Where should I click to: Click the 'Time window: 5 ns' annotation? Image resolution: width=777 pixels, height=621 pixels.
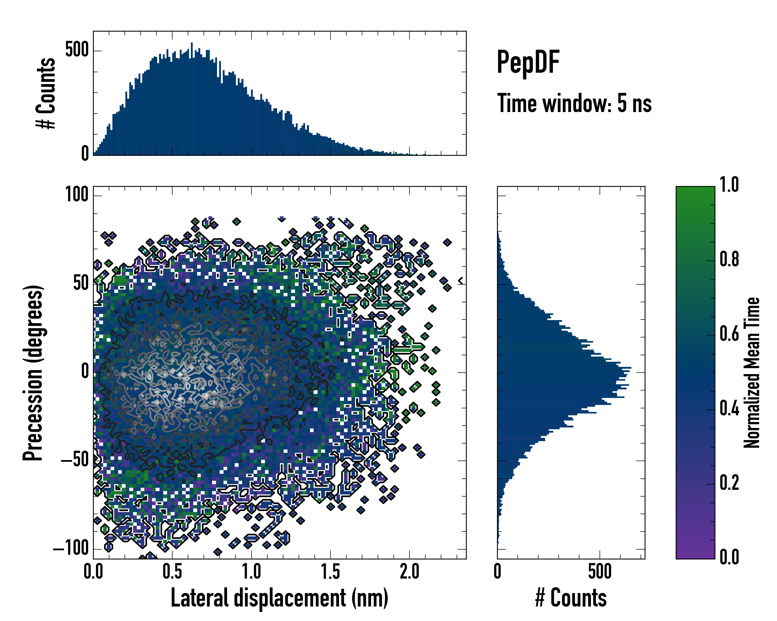574,103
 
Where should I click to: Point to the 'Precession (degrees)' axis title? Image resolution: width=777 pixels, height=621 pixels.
33,373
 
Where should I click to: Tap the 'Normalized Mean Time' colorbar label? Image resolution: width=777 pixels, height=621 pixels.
752,373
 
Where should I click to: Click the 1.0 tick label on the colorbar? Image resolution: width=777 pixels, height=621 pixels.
729,185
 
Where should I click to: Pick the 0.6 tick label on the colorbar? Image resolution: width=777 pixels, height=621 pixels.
729,334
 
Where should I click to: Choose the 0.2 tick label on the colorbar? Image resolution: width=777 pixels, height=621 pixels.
729,483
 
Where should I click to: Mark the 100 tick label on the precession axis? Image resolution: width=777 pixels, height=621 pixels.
77,195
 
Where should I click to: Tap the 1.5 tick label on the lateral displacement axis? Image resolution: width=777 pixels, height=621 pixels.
330,572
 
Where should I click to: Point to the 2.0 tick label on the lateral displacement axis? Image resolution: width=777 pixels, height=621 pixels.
409,572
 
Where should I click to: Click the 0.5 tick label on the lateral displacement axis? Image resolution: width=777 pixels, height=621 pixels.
172,572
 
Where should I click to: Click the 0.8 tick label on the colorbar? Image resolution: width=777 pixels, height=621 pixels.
729,259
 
